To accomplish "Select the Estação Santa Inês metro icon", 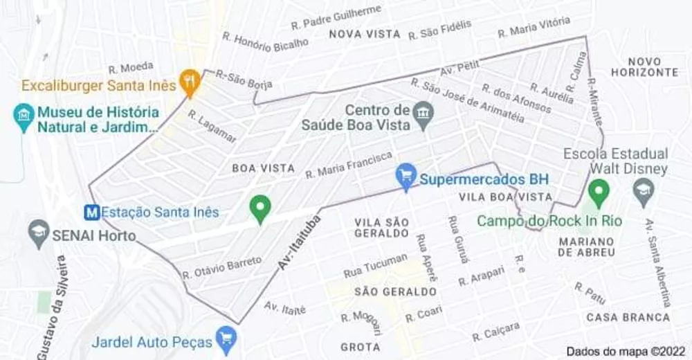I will (91, 213).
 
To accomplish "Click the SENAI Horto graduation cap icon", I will (39, 233).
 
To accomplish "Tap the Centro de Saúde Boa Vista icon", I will (422, 112).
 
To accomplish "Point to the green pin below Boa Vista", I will (260, 208).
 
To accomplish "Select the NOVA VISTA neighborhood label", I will (365, 34).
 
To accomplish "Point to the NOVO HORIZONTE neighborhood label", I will (644, 66).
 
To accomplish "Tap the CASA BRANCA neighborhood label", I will (628, 317).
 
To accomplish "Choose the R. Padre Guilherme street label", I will (336, 16).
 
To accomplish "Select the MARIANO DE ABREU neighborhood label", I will (586, 246).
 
